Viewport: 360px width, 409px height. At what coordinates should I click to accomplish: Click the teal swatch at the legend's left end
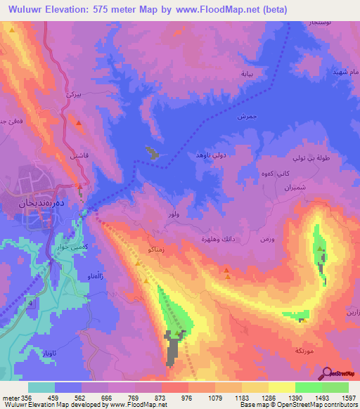41,387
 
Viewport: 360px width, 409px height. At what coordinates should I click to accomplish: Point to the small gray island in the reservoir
151,152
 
